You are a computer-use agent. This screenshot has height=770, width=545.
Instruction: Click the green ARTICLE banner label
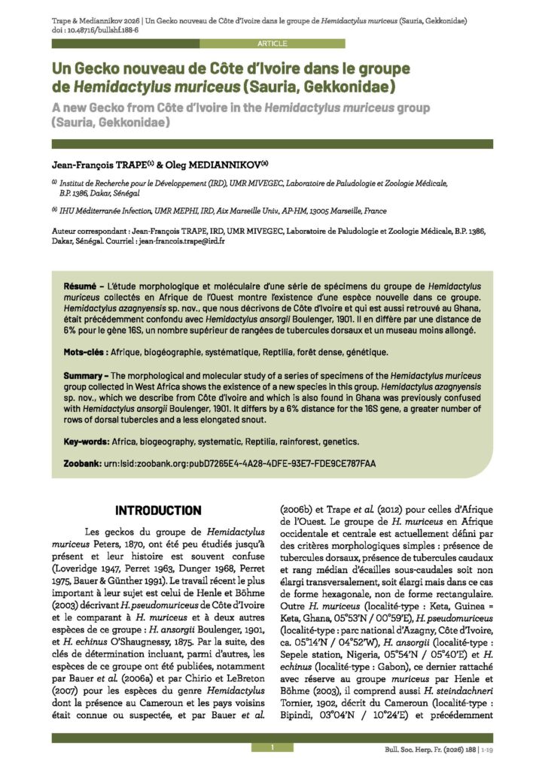click(x=272, y=44)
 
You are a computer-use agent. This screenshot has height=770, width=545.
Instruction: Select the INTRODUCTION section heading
click(x=158, y=510)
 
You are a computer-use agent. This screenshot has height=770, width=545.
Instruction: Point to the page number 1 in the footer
click(x=272, y=747)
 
